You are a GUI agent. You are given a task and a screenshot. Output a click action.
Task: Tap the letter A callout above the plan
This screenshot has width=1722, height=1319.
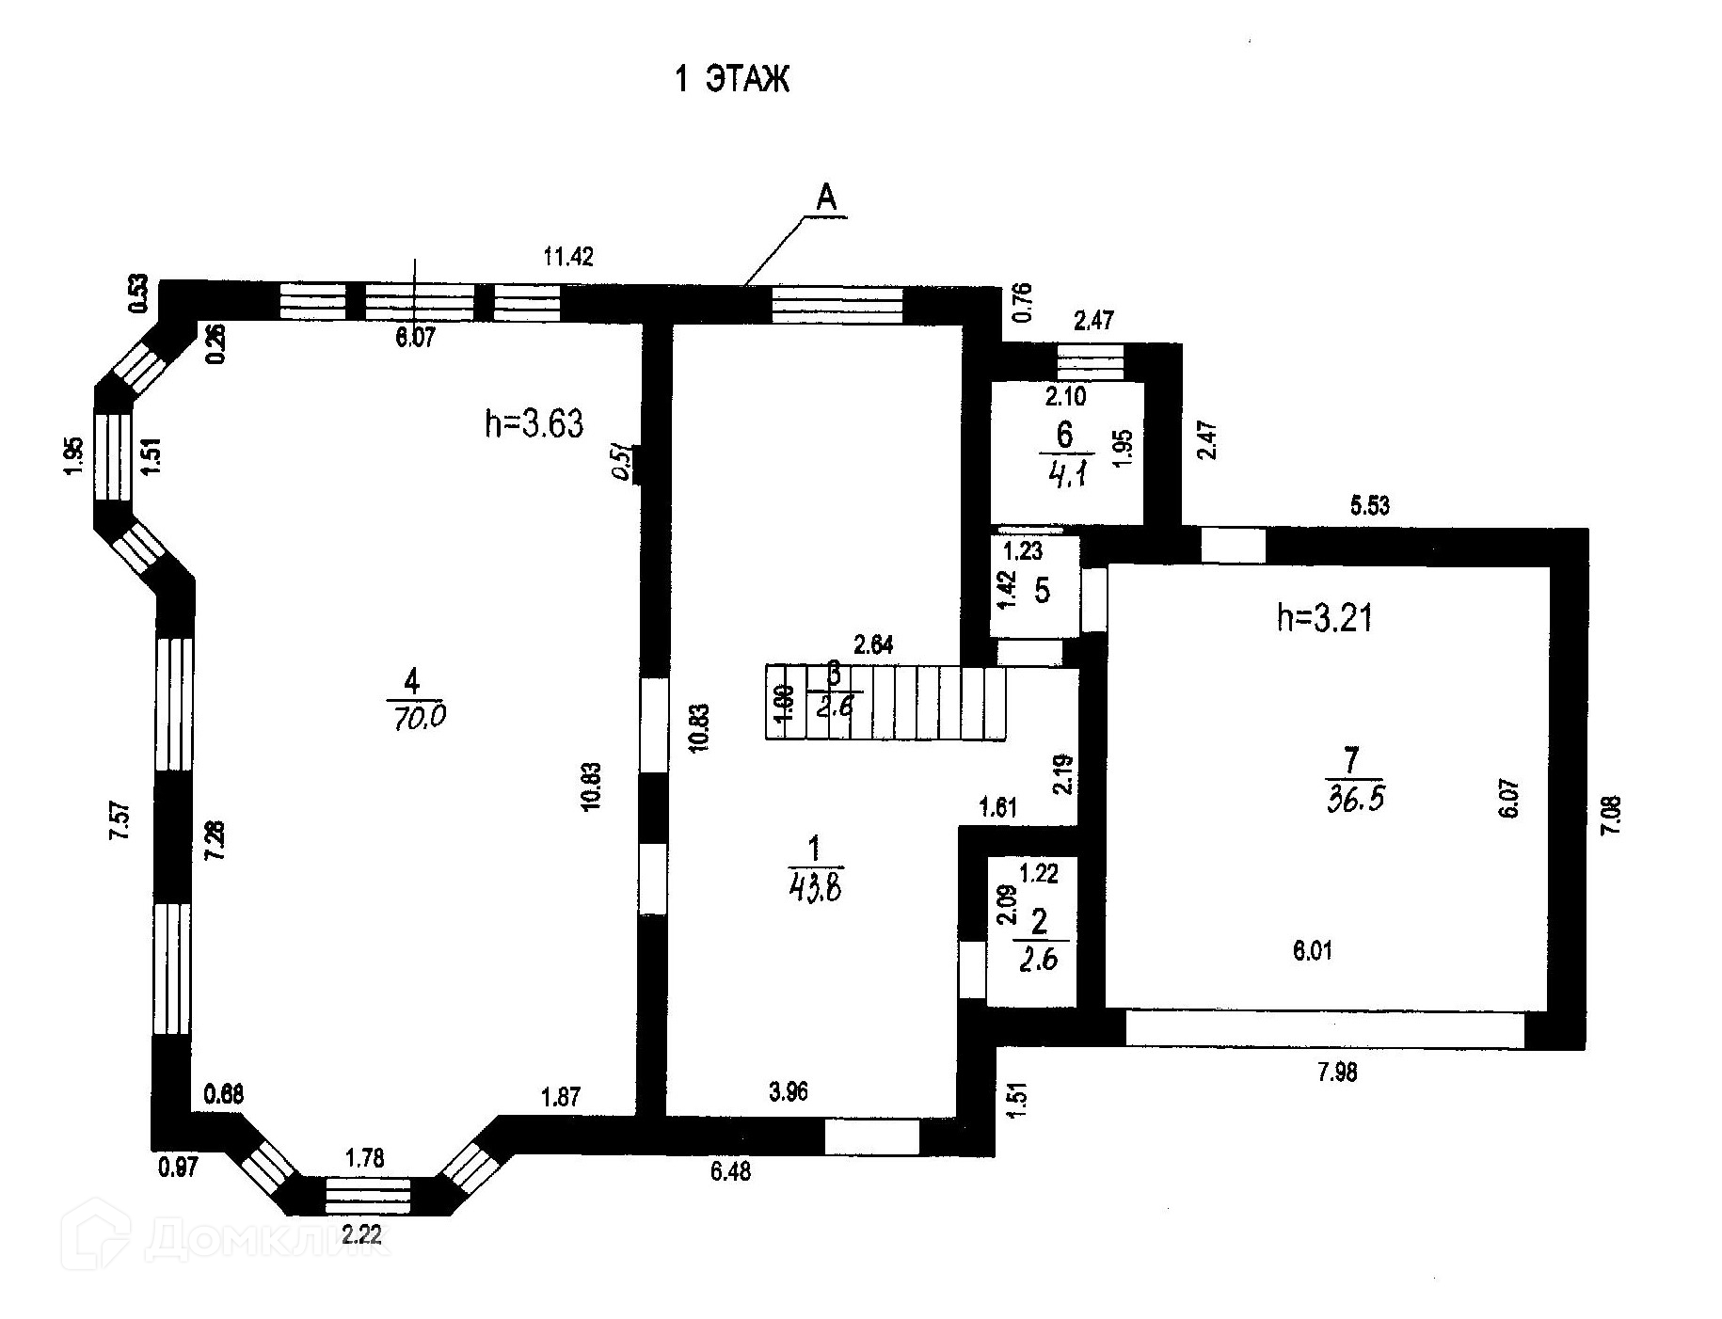[825, 199]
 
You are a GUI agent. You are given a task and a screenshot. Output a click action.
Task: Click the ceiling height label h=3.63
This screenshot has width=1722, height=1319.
[534, 424]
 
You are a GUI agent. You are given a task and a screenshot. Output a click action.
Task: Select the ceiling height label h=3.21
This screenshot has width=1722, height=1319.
[1324, 618]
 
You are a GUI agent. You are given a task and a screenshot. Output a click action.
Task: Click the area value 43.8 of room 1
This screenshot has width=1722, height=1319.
[814, 888]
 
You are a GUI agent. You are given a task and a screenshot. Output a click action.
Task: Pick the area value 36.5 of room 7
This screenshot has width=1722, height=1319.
[1355, 800]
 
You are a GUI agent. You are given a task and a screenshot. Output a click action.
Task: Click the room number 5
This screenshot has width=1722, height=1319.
[1042, 591]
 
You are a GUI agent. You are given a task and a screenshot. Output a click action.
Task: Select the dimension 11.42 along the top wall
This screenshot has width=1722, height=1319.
[568, 256]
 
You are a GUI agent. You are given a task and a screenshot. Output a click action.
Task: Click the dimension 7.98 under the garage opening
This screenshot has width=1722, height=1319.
[1337, 1072]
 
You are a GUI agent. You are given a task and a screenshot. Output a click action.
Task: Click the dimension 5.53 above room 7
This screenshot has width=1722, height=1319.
[1369, 506]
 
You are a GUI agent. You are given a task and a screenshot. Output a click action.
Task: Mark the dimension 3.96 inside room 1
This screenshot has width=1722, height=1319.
[788, 1091]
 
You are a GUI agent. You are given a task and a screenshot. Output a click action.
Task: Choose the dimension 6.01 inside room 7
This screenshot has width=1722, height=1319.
[1312, 951]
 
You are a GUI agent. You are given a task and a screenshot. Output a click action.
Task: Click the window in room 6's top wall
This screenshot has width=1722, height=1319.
[1090, 362]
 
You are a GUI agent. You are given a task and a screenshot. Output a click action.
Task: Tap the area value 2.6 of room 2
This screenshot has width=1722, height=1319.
[1041, 961]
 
